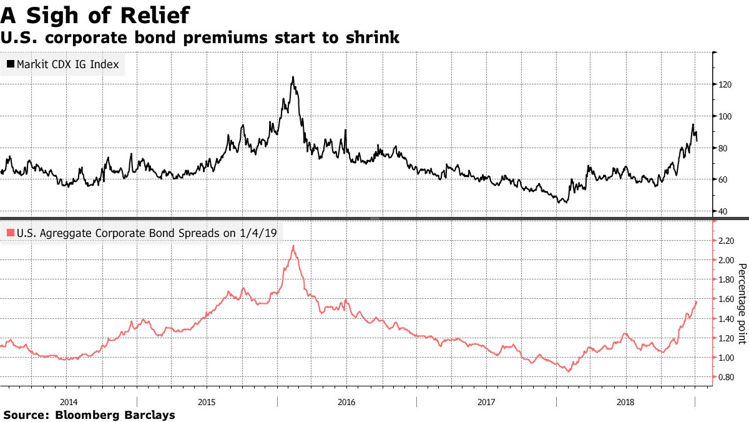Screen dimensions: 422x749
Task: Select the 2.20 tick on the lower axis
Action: point(725,240)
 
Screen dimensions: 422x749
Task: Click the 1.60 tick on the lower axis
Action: point(725,299)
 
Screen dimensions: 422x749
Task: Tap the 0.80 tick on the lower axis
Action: point(725,377)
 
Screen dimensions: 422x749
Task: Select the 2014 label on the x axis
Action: point(69,401)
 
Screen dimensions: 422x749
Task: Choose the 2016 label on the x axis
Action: point(346,401)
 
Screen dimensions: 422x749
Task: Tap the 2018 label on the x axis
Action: point(624,401)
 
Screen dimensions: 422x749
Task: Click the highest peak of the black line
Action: point(293,78)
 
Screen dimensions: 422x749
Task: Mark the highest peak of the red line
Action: point(293,246)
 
